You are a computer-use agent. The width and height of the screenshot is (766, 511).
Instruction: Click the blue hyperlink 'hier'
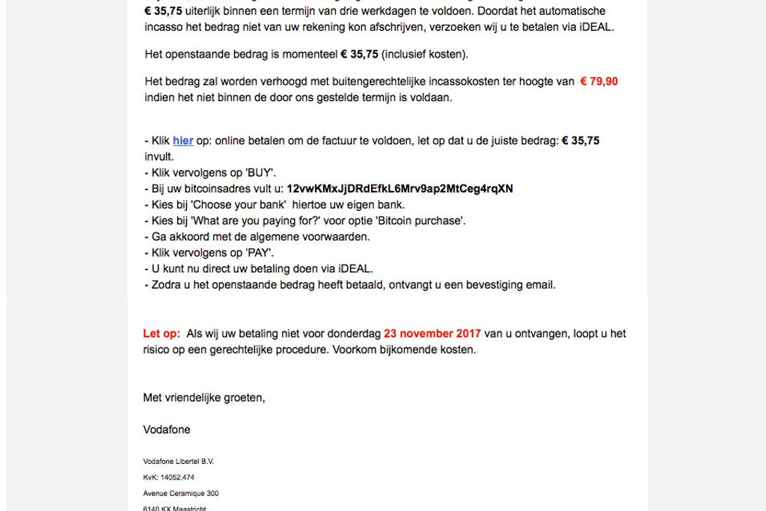[183, 141]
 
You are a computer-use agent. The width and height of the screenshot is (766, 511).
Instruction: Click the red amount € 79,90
[599, 82]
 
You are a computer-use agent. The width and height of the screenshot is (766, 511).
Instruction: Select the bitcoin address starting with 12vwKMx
[399, 189]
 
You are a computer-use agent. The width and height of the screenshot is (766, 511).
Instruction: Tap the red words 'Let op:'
[162, 334]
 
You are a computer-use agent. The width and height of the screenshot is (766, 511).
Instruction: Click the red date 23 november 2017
[432, 334]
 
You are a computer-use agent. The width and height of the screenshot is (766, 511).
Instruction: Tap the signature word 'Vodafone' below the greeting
[167, 429]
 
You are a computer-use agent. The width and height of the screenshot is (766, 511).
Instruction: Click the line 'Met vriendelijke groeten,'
[204, 398]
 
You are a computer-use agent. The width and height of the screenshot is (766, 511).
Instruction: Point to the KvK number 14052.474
[177, 477]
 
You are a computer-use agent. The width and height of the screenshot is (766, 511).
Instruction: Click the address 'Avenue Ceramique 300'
[181, 494]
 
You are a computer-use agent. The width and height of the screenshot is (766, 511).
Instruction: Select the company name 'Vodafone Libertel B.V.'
[178, 462]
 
